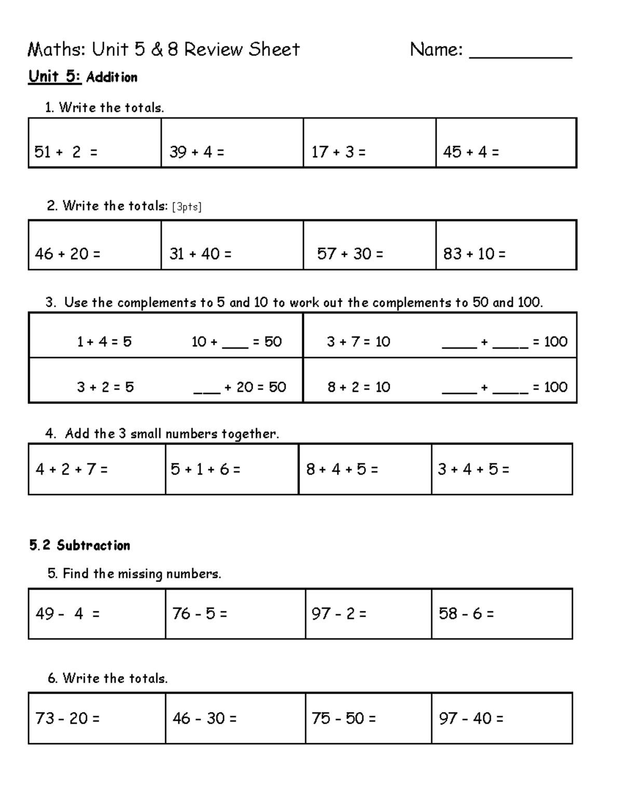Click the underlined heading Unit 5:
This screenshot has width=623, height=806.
coord(55,77)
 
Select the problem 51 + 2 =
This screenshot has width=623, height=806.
coord(65,152)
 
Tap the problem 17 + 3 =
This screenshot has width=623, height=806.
coord(338,152)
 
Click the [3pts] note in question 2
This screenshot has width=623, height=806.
coord(186,207)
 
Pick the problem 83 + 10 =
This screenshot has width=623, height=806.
coord(474,254)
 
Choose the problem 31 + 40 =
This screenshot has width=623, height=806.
coord(200,254)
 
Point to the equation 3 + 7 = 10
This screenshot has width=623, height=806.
coord(358,341)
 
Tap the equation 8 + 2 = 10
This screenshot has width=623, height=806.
coord(358,387)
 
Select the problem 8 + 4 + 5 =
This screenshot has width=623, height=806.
coord(342,469)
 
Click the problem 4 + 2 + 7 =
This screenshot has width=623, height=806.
coord(72,469)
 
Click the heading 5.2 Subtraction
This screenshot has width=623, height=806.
coord(80,545)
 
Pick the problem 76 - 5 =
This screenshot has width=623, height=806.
coord(200,613)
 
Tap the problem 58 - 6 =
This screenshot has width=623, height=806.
coord(466,613)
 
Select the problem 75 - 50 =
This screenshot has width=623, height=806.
coord(344,718)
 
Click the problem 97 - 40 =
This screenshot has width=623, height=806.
coord(471,718)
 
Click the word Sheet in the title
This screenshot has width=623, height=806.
coord(274,50)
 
